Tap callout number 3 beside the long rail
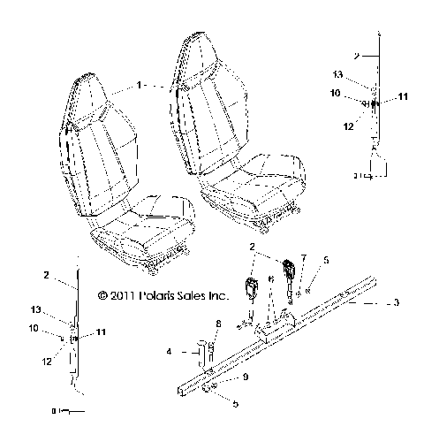(x=397, y=302)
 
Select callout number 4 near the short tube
(x=167, y=351)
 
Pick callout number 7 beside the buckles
(x=303, y=259)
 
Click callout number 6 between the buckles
(x=270, y=278)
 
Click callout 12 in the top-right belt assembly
(x=348, y=126)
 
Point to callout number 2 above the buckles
(x=252, y=247)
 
